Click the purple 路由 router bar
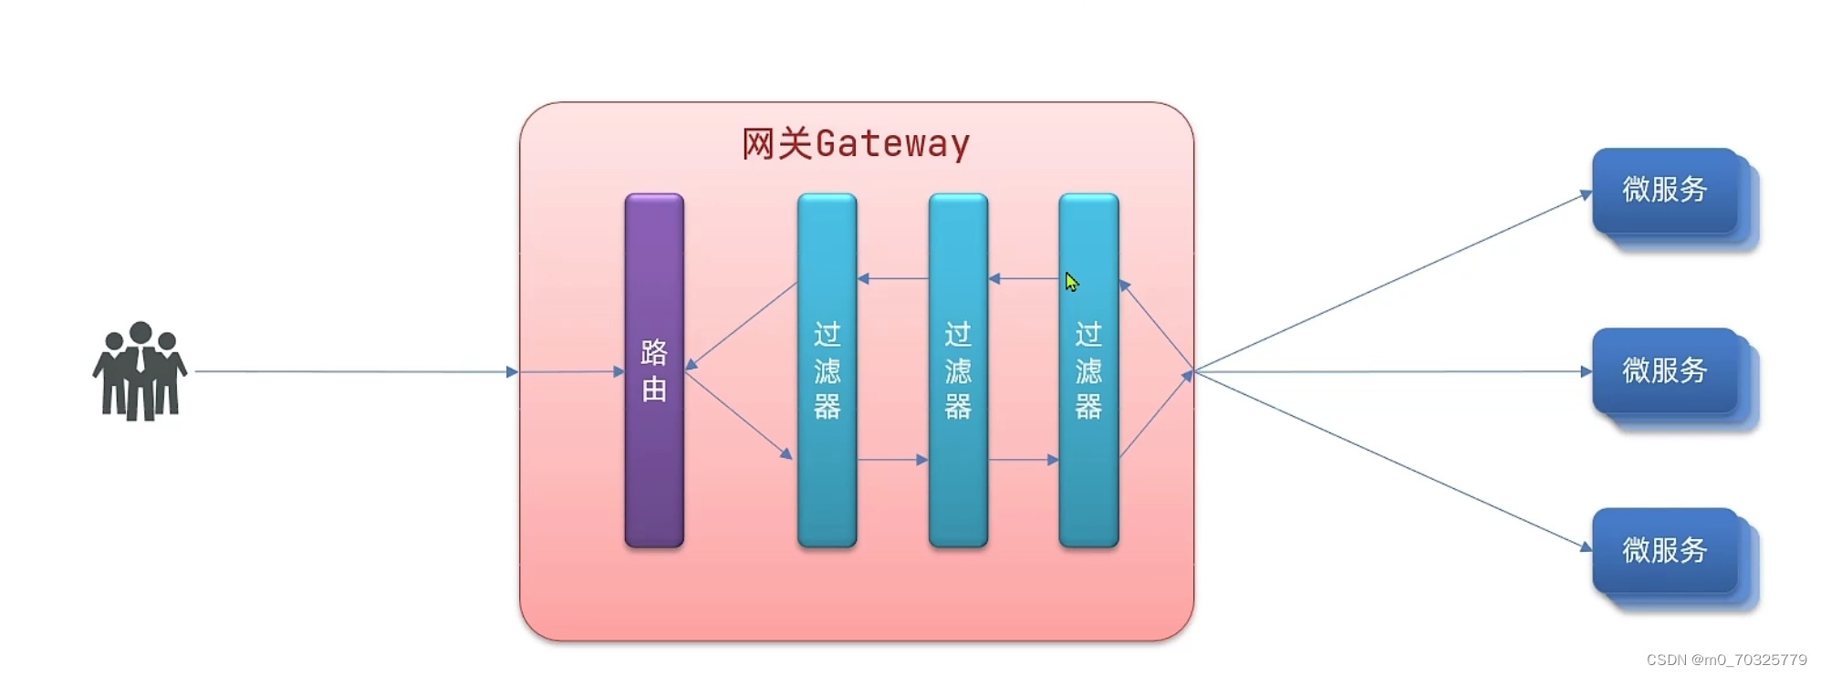coord(653,369)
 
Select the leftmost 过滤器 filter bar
coord(827,369)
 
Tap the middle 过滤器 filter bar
coord(957,369)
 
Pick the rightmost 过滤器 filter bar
coord(1087,369)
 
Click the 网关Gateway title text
coord(855,144)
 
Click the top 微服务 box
coord(1664,190)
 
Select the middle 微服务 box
coord(1664,370)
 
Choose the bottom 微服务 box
coord(1664,550)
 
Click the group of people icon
coord(140,371)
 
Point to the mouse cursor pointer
coord(1071,282)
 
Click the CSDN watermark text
coord(1726,660)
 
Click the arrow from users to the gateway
coord(356,371)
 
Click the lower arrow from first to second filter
coord(892,460)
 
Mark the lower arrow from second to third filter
coord(1023,460)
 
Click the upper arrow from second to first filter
coord(892,278)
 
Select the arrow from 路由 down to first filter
coord(738,412)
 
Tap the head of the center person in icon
coord(140,333)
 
